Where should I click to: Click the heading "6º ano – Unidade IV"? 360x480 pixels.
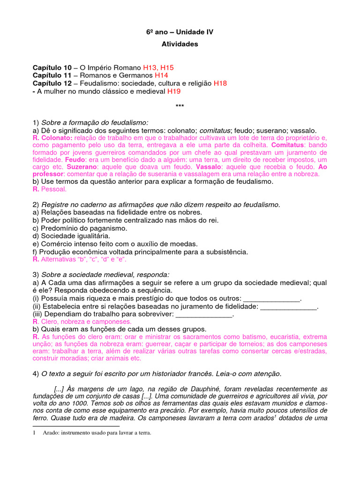[x=180, y=32]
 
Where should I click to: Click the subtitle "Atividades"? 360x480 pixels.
[x=180, y=44]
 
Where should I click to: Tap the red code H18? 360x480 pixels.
[x=220, y=83]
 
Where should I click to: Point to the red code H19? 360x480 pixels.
[x=174, y=91]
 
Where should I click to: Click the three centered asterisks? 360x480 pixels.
[x=180, y=106]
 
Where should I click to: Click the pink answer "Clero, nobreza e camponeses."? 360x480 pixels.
[x=86, y=322]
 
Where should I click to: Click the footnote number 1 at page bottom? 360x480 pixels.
[x=34, y=433]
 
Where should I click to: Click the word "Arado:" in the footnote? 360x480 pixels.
[x=52, y=433]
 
